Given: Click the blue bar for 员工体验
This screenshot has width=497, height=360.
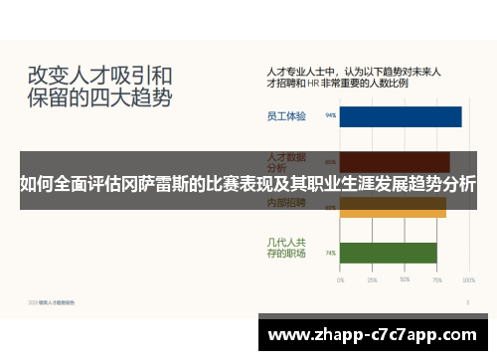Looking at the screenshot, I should pos(401,116).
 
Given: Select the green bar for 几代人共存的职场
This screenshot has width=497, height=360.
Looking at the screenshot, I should pos(389,253).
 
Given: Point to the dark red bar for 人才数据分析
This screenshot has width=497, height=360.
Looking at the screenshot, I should pos(395,160).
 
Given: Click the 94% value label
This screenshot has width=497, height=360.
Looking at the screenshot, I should pos(330,116).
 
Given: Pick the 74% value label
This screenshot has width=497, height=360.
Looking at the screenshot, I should pos(330,253).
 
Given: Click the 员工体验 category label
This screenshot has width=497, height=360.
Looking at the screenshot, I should pos(286,116).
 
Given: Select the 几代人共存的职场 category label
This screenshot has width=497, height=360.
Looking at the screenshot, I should pos(286,248).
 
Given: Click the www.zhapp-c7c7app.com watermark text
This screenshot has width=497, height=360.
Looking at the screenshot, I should pos(372,334).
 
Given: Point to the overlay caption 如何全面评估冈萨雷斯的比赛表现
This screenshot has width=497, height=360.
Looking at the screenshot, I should pos(248,184).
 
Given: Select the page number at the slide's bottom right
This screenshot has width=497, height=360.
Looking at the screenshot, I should pos(468,300).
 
